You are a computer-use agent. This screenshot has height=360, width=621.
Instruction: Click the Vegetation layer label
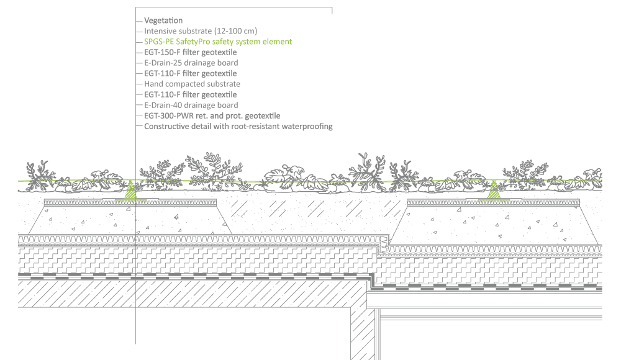(163, 20)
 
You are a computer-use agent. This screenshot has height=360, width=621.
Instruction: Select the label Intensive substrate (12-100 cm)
(201, 31)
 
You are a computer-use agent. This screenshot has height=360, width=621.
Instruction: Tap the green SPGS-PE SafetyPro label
(217, 42)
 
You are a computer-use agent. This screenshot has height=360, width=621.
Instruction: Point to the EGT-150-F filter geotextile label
(190, 52)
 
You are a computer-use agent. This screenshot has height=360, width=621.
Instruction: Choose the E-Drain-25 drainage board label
(191, 63)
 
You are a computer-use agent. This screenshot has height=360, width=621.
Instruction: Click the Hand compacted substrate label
(192, 84)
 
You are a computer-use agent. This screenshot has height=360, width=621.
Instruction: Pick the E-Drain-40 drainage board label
(191, 105)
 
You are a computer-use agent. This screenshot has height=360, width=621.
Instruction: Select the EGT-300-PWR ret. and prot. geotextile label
(212, 115)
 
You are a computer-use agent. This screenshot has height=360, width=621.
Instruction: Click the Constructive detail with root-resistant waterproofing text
(238, 126)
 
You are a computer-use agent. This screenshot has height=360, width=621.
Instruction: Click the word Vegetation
(163, 20)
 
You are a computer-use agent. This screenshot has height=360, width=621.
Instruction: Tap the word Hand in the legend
(153, 84)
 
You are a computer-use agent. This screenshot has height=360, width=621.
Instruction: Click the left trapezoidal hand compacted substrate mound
(130, 220)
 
